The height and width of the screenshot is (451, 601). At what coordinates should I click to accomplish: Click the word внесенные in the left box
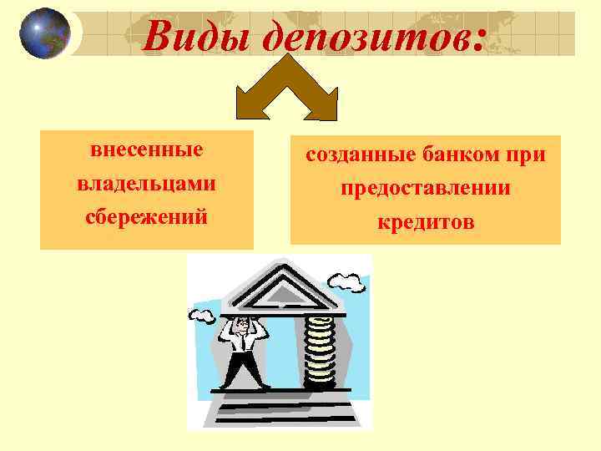point(147,152)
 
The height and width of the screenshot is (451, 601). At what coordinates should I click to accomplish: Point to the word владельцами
point(147,184)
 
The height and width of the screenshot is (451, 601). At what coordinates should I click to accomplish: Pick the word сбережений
point(147,215)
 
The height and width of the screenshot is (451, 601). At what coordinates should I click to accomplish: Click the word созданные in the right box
point(356,155)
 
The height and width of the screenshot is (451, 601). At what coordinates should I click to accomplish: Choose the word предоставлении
point(425,189)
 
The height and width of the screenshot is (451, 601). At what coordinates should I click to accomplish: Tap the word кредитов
point(425,222)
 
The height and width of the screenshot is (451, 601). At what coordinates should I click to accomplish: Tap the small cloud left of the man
point(202,315)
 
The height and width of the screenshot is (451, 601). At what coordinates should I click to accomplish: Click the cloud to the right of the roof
point(352,284)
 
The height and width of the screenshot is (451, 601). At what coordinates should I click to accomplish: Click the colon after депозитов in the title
point(477,40)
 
